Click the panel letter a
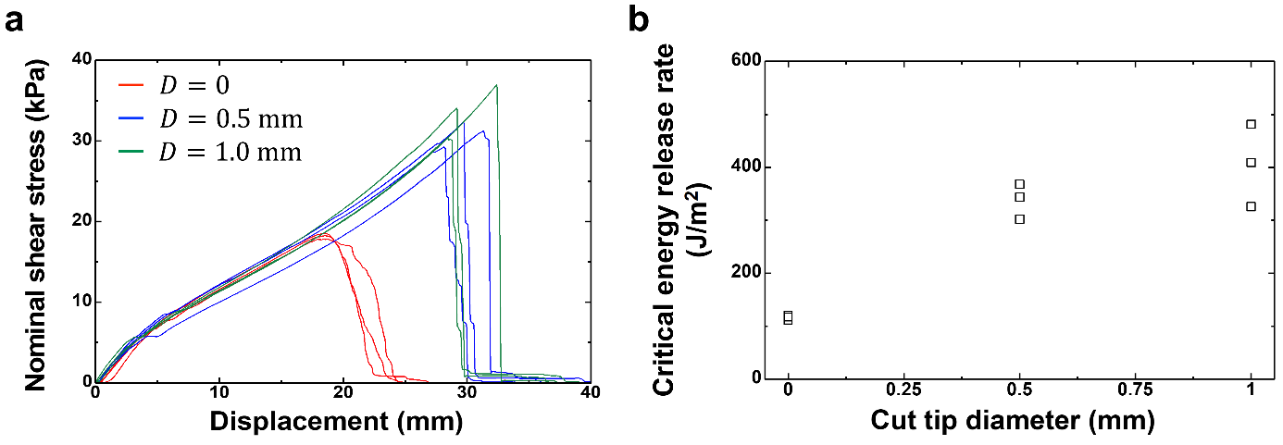(x=14, y=20)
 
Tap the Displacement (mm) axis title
(x=336, y=422)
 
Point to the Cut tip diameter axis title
(x=1013, y=422)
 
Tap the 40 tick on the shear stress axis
(x=81, y=60)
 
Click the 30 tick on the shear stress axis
(x=81, y=141)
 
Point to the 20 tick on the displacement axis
(x=343, y=392)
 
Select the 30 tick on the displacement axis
(x=467, y=392)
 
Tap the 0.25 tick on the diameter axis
(x=903, y=392)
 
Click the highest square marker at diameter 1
(x=1251, y=124)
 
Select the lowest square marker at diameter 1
(x=1251, y=206)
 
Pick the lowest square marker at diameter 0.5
(x=1019, y=219)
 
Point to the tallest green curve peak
(x=497, y=85)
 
